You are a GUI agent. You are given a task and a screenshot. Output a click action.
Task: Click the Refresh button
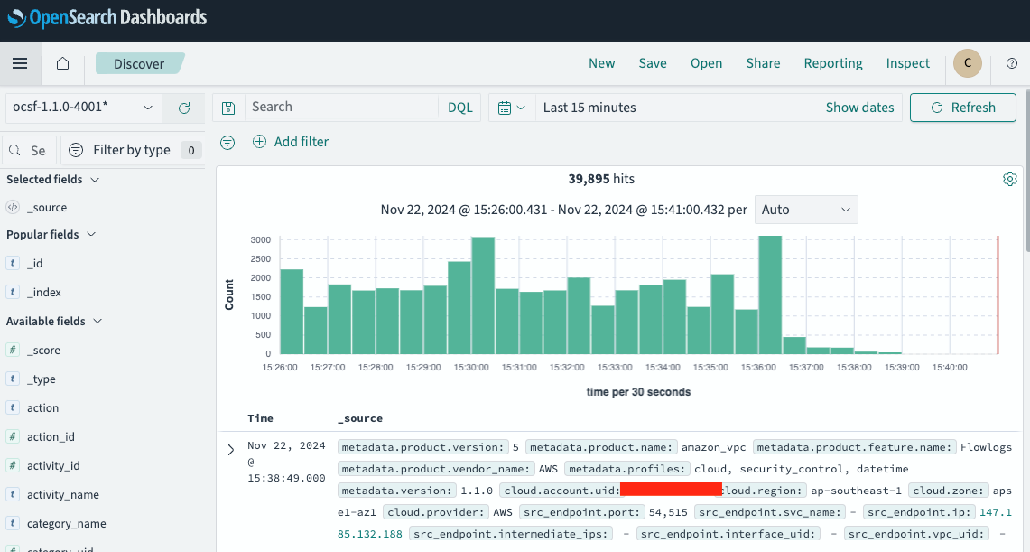962,108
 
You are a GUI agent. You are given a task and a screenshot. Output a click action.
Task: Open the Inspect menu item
907,63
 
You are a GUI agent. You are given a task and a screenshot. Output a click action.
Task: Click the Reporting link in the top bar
833,63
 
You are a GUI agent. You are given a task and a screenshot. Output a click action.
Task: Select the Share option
763,63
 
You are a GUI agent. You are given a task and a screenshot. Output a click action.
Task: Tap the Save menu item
653,63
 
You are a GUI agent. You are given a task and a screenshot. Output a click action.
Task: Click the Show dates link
859,108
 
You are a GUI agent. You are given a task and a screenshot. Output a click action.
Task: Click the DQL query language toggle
460,108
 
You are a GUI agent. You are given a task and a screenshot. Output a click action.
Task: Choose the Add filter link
291,142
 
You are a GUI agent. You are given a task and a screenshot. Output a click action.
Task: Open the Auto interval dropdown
806,210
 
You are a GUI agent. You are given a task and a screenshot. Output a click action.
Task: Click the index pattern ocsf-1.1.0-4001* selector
83,108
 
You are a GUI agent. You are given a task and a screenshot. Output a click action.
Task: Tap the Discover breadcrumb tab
139,64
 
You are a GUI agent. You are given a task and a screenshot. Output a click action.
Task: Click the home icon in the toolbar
62,63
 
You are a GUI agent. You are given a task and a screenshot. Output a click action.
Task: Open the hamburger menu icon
20,63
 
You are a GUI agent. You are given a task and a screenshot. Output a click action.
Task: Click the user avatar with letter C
968,63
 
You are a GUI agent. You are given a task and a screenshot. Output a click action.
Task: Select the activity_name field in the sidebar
63,494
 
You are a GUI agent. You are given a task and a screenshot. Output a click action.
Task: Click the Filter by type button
132,150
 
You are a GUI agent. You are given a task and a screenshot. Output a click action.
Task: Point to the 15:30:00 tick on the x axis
471,368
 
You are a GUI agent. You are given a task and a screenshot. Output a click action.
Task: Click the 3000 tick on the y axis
260,240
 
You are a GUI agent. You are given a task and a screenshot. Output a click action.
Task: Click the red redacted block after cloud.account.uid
670,490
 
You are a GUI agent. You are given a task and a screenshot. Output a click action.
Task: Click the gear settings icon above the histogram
1010,179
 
